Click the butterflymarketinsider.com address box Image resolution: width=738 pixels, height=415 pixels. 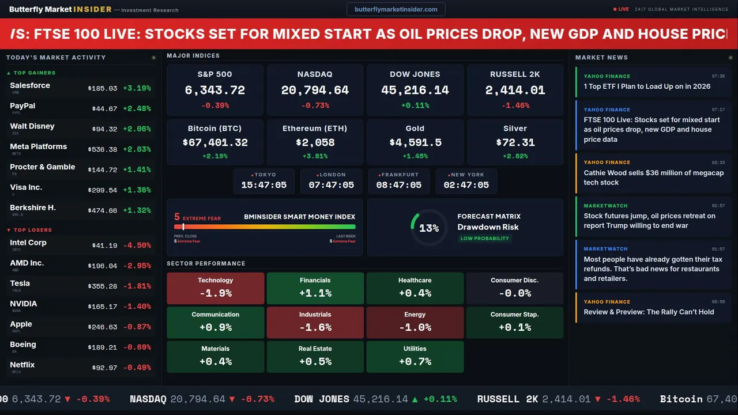(x=396, y=9)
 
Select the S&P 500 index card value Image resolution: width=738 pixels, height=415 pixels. (x=214, y=90)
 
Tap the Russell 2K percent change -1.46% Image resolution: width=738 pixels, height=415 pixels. (x=515, y=105)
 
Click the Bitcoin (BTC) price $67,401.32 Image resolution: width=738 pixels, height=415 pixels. (x=215, y=142)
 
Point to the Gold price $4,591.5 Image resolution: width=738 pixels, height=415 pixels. (x=415, y=142)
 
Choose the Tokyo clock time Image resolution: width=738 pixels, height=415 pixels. (x=263, y=185)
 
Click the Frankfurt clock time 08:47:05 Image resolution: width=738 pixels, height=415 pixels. (x=398, y=185)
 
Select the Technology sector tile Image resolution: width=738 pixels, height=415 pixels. (x=215, y=288)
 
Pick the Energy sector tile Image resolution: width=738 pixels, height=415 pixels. (x=415, y=322)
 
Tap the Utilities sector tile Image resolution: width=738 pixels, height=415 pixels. (x=415, y=356)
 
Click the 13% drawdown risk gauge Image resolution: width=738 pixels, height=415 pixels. (x=428, y=228)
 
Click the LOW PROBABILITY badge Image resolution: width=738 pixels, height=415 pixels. (x=484, y=239)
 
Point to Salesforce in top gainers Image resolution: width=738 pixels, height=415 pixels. (x=30, y=86)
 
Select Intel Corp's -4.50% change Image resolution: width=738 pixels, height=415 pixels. (x=137, y=246)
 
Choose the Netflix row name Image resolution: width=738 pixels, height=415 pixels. (x=22, y=365)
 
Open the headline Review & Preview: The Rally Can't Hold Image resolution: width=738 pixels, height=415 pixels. (x=649, y=312)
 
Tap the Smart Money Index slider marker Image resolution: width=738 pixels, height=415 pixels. (x=183, y=227)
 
